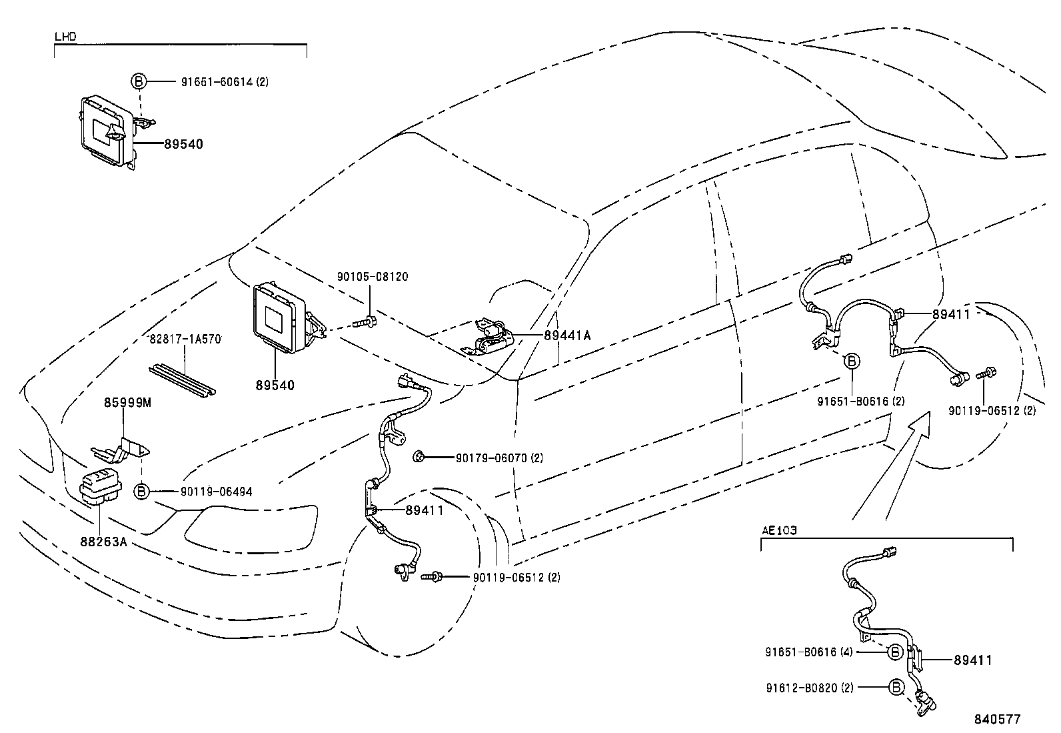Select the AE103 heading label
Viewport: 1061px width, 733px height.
click(779, 531)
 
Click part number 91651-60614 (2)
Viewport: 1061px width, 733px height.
click(225, 82)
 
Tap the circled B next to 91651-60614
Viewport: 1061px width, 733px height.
click(138, 82)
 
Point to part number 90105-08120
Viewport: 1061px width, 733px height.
click(373, 276)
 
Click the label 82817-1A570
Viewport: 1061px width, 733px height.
click(185, 339)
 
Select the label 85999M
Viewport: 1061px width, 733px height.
click(127, 403)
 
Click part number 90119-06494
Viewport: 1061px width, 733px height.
click(216, 492)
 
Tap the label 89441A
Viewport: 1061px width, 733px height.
click(567, 336)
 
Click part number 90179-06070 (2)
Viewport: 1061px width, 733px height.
click(499, 458)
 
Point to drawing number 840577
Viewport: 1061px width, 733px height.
click(997, 719)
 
